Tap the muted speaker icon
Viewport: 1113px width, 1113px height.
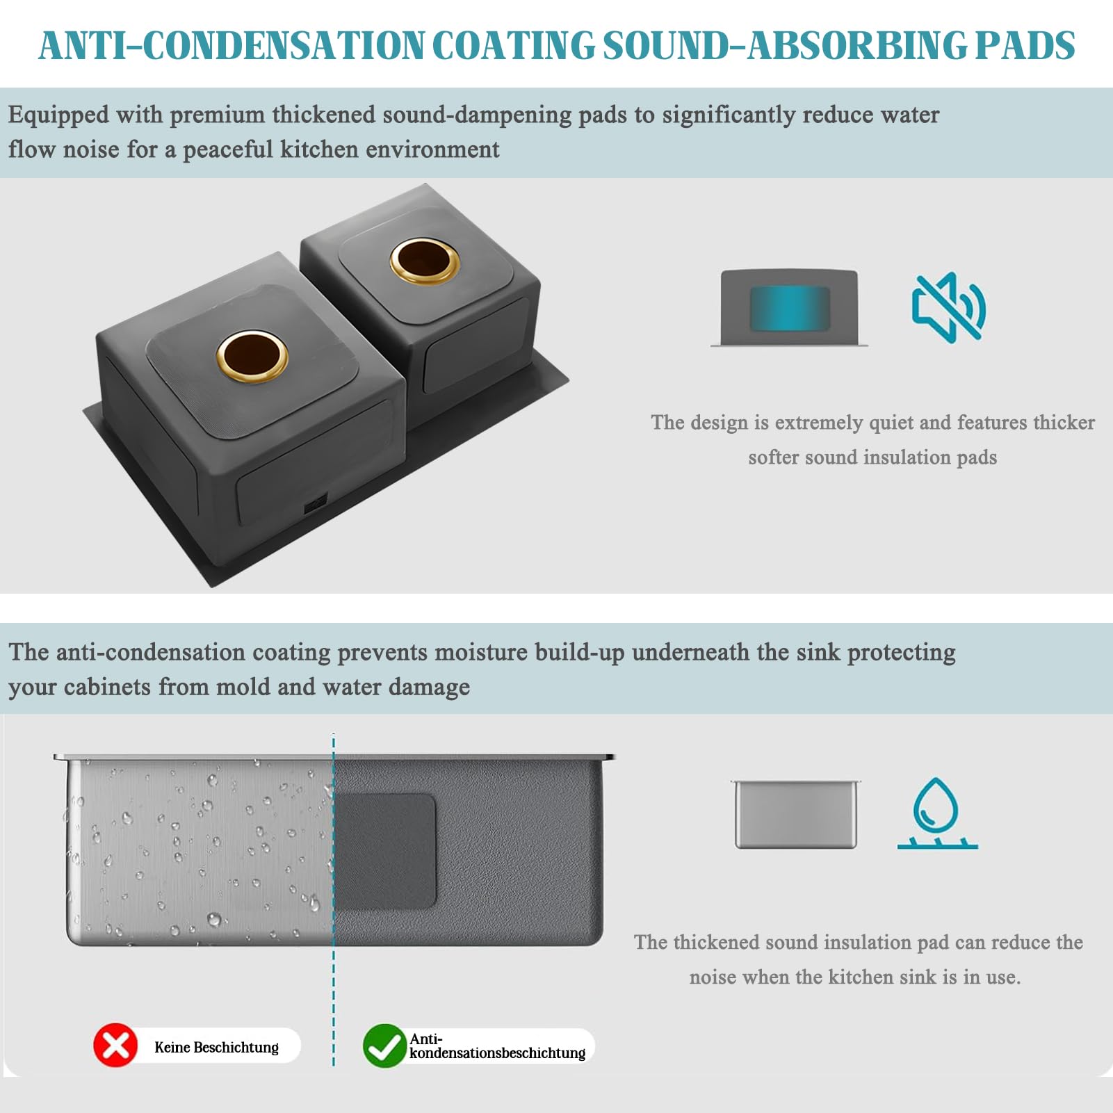(949, 307)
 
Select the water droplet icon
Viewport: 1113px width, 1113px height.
(937, 813)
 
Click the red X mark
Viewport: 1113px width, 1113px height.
(115, 1045)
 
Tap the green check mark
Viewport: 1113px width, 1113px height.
(384, 1046)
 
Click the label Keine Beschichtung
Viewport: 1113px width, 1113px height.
(216, 1047)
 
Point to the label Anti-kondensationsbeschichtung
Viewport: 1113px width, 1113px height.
(497, 1046)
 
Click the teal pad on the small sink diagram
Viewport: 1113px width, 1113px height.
(789, 308)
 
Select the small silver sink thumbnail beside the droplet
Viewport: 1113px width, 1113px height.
(796, 814)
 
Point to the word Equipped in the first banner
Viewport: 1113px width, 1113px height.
(58, 115)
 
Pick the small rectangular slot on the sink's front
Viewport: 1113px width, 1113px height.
(315, 503)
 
